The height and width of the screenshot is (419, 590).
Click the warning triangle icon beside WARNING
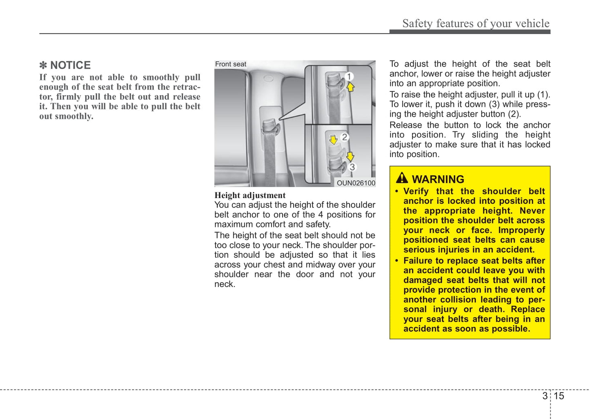coord(402,178)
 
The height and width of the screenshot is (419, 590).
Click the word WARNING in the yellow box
coord(438,179)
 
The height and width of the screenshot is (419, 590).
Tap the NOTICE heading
coord(70,65)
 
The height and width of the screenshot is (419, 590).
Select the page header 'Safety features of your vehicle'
coord(476,24)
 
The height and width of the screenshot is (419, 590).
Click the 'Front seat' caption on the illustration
coord(231,64)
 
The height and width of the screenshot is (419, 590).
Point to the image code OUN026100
coord(356,183)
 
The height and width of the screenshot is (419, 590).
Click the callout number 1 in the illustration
coord(349,76)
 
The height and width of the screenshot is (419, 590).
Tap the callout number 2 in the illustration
coord(345,137)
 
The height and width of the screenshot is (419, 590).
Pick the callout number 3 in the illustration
coord(352,167)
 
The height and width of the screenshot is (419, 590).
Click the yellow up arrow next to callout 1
coord(350,87)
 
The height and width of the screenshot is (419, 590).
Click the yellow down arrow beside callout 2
coord(334,140)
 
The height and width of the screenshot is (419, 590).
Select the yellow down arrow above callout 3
coord(350,156)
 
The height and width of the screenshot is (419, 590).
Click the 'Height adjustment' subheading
coord(250,195)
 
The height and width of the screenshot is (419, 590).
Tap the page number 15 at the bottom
coord(559,396)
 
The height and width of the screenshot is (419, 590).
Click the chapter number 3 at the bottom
coord(545,396)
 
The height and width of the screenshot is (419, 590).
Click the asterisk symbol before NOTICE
coord(43,65)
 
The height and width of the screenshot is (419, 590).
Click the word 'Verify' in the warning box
coord(416,191)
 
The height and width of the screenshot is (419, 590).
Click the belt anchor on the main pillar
coord(270,127)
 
